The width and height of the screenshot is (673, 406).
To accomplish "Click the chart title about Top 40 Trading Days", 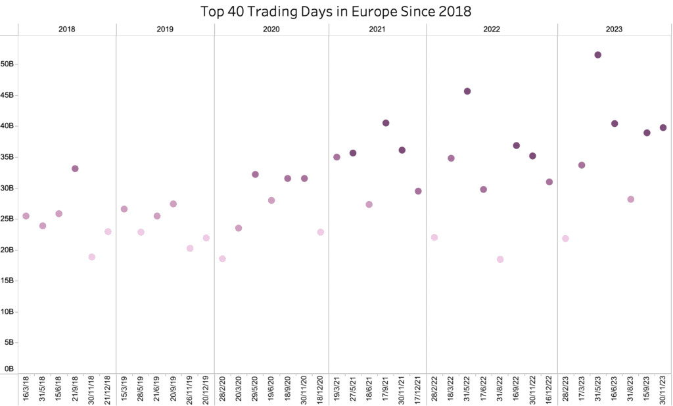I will click(336, 11).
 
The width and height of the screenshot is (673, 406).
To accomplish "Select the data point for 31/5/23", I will click(597, 55).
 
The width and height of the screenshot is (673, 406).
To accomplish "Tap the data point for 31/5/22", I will click(467, 91).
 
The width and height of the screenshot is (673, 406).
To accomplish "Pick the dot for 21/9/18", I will click(75, 169).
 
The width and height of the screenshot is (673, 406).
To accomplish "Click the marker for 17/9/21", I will click(386, 123).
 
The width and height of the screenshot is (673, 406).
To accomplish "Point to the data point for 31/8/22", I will click(500, 259).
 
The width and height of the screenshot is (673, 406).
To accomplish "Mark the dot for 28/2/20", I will click(222, 259).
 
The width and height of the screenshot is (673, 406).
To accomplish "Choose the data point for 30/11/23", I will click(663, 127).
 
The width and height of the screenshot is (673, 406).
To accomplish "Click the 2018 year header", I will click(66, 30).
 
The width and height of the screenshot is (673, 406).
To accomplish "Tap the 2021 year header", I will click(377, 30).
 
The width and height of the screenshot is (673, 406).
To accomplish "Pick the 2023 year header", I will click(615, 30).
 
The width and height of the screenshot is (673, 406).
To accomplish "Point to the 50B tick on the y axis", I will click(9, 64).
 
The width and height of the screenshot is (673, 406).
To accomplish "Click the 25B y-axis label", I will click(9, 219).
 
